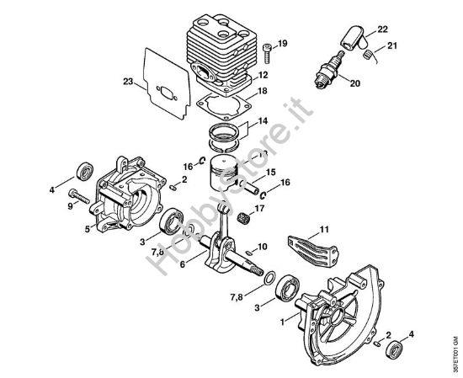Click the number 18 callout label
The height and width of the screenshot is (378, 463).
262,90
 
